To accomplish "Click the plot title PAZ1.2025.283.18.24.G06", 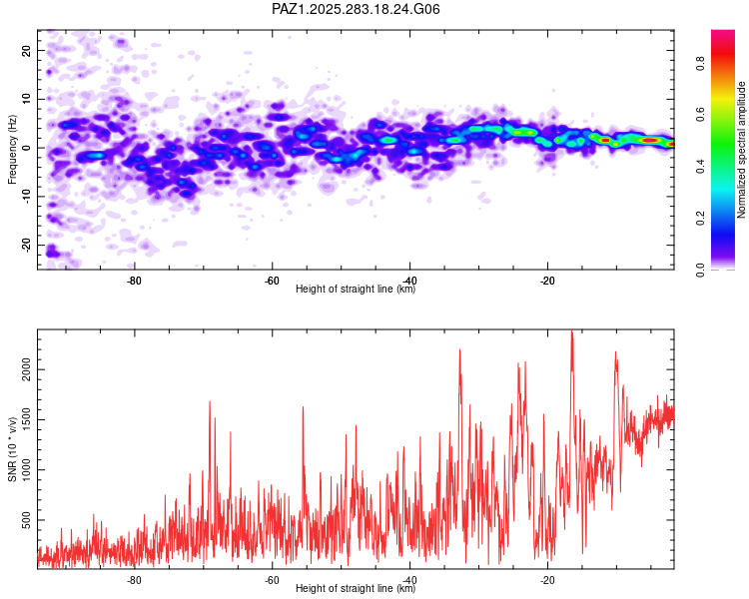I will click(x=356, y=9).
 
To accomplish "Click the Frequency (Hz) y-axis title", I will click(x=13, y=149).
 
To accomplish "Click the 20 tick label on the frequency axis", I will click(x=27, y=50).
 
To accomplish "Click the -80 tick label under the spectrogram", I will click(x=134, y=280).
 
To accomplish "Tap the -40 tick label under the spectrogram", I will click(x=408, y=280).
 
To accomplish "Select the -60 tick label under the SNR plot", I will click(x=272, y=579).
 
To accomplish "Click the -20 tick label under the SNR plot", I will click(x=546, y=579).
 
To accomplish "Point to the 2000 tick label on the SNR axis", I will click(x=27, y=370).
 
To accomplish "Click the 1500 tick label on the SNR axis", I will click(x=27, y=420).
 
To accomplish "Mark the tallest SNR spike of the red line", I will click(x=571, y=332).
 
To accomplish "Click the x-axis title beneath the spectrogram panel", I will click(x=356, y=290).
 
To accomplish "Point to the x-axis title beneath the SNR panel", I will click(x=356, y=589).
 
